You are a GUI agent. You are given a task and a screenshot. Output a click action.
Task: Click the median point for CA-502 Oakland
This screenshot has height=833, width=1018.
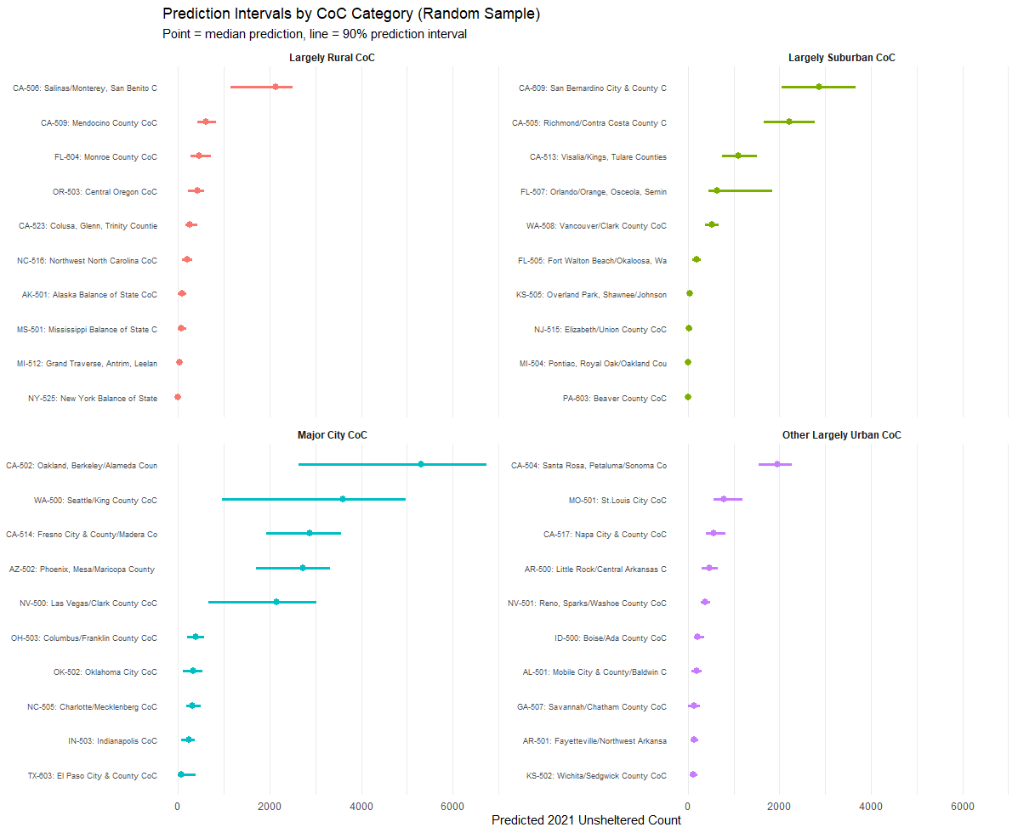point(421,464)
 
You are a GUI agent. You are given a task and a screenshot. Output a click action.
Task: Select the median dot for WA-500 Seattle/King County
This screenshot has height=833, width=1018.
point(343,499)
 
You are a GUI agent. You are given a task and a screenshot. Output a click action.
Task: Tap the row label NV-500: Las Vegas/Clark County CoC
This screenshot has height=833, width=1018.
point(88,603)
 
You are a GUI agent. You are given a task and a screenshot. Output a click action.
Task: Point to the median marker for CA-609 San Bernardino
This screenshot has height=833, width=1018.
point(819,87)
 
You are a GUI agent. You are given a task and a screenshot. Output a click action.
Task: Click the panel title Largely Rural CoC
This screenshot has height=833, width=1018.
point(332,58)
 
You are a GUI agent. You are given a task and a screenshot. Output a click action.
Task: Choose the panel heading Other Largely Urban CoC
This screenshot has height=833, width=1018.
point(841,435)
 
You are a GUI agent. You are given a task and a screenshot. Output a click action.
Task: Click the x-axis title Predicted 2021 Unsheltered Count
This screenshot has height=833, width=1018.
point(586,820)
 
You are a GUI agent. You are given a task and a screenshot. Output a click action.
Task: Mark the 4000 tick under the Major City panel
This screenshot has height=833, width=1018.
point(361,807)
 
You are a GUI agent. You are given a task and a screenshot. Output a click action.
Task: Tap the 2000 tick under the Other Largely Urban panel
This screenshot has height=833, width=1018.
point(779,807)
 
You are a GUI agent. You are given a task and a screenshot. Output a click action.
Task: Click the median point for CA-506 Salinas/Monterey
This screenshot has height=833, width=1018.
point(276,87)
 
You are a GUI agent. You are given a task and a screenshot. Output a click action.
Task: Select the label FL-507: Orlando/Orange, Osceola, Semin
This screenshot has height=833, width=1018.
point(594,192)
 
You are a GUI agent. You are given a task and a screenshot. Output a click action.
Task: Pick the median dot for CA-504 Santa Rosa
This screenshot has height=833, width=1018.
point(777,464)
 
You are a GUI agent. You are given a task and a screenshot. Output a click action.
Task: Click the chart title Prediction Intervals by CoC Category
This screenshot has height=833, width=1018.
point(351,14)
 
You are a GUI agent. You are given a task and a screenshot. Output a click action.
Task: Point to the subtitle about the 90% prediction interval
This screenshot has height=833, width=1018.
point(314,34)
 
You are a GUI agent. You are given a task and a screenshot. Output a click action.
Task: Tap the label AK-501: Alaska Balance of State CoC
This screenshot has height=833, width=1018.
point(89,295)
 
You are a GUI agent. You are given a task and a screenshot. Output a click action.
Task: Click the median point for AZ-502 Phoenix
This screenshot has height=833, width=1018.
point(303,568)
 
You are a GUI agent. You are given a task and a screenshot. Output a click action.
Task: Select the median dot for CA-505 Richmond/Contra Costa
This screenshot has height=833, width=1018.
point(789,122)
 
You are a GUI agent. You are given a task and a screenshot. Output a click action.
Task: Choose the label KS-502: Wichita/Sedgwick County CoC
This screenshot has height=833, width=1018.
point(597,776)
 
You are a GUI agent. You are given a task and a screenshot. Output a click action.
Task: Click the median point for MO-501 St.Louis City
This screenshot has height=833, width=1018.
point(724,499)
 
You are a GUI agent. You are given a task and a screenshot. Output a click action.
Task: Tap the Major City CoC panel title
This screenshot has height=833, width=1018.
point(333,435)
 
